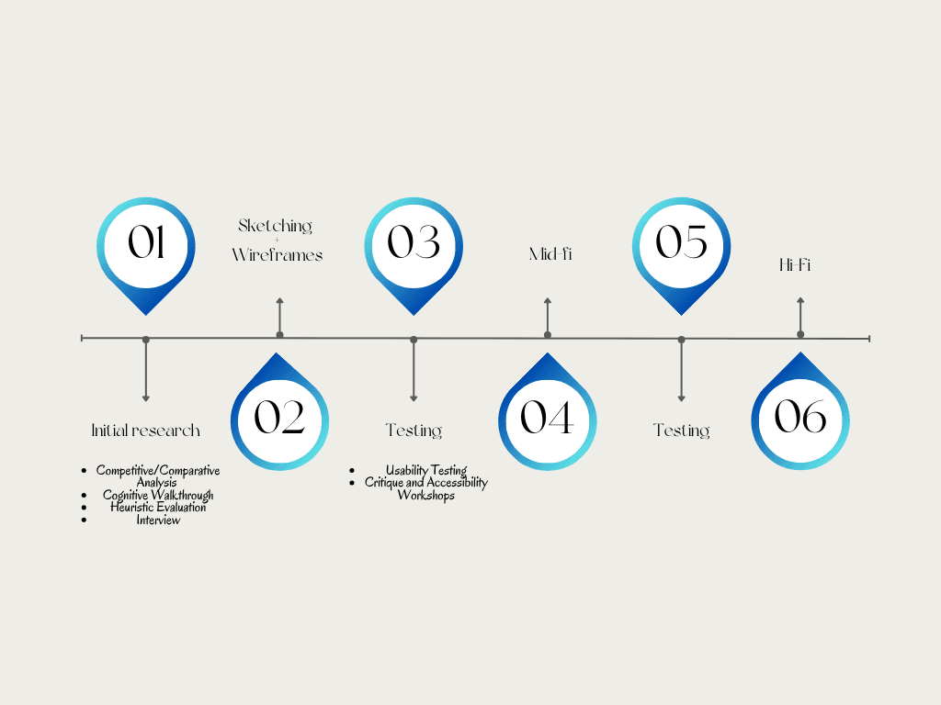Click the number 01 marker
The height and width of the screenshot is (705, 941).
146,244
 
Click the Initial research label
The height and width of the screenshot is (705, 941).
145,431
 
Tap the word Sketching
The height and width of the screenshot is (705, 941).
276,226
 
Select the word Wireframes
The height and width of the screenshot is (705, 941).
278,255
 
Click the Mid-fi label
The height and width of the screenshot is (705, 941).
550,254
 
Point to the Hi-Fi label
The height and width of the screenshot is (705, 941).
795,266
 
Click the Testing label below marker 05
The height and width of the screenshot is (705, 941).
681,431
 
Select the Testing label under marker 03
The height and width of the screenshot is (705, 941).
414,431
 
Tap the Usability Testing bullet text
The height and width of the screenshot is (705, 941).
426,471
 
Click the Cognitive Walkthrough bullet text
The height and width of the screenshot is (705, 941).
158,496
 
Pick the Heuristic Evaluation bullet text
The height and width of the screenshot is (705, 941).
158,508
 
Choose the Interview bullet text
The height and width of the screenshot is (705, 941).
158,520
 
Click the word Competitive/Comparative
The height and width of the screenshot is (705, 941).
158,471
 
